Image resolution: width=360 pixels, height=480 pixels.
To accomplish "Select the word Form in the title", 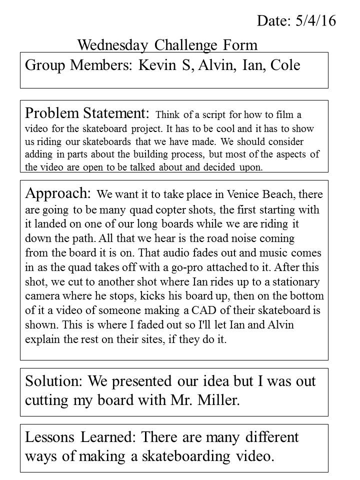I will pos(241,45).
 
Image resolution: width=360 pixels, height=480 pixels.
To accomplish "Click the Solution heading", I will pos(54,381).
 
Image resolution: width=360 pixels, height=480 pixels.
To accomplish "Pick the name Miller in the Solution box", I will pos(218,400).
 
